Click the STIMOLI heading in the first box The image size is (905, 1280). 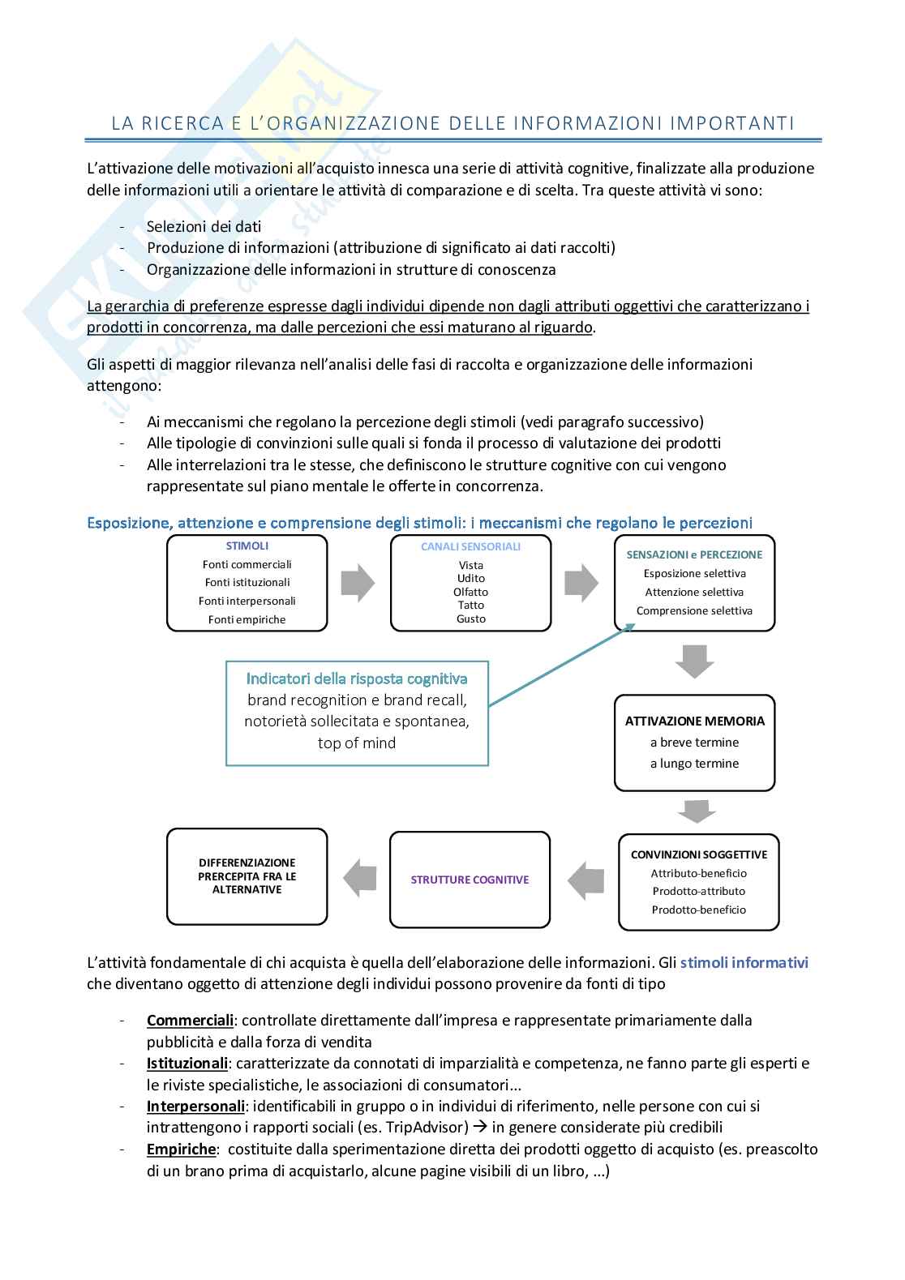coord(247,546)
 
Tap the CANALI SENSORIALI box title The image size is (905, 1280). coord(470,546)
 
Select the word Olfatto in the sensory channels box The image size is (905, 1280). coord(470,592)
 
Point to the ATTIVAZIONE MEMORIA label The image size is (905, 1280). coord(694,721)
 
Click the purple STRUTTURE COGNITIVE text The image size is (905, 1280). coord(470,880)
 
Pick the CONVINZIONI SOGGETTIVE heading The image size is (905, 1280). coord(698,854)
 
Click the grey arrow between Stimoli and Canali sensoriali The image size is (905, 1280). coord(358,583)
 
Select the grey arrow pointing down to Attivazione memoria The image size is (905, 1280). coord(694,661)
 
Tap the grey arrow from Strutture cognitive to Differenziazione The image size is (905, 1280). coord(359,877)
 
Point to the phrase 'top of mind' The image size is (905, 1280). coord(357,743)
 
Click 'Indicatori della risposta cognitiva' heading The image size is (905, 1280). coord(357,679)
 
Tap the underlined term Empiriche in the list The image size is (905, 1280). coord(181,1149)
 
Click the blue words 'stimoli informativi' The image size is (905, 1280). coord(744,963)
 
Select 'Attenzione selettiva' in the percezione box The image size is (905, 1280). coord(694,592)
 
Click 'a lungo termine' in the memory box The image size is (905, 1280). coord(694,763)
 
